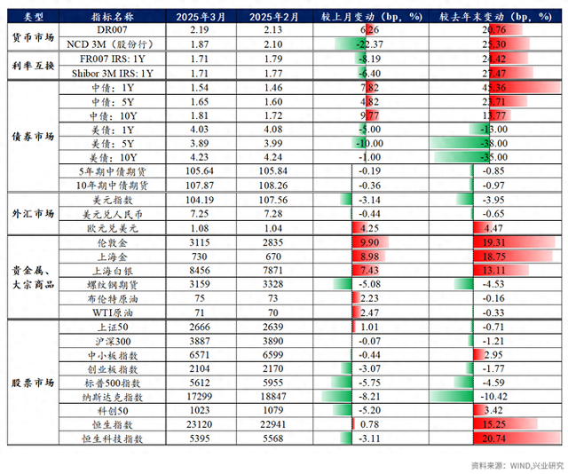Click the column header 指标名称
pyautogui.click(x=113, y=17)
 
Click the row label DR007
pyautogui.click(x=113, y=30)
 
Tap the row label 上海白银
pyautogui.click(x=113, y=270)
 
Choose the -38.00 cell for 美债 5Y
pyautogui.click(x=485, y=144)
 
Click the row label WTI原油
pyautogui.click(x=113, y=312)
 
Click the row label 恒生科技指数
pyautogui.click(x=113, y=438)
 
